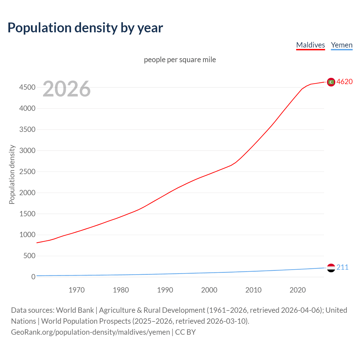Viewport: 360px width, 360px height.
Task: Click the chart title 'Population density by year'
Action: [x=85, y=28]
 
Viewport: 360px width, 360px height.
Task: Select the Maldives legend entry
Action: [x=310, y=45]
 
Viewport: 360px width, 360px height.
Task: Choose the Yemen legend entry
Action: [x=342, y=45]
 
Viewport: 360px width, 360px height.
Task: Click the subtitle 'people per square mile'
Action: [x=180, y=60]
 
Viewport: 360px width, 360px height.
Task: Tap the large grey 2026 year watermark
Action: [x=67, y=89]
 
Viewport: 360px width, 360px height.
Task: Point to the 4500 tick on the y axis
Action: [x=27, y=87]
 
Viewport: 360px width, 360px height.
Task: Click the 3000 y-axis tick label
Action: [x=27, y=150]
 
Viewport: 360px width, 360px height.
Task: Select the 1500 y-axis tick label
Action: [x=27, y=214]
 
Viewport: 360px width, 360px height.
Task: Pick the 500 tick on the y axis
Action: [x=29, y=256]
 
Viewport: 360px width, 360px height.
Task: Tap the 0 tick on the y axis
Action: [x=33, y=277]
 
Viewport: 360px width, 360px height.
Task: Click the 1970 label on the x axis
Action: [x=76, y=290]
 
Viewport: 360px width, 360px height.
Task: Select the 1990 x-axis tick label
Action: [x=165, y=290]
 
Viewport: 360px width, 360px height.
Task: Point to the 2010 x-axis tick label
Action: [x=253, y=290]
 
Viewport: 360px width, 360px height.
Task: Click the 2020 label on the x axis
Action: [x=298, y=290]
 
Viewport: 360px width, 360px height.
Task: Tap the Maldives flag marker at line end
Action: [x=331, y=82]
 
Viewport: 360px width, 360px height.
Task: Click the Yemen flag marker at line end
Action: [x=331, y=268]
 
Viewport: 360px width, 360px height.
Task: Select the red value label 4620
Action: [x=345, y=82]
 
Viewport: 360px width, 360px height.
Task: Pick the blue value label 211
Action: [x=342, y=267]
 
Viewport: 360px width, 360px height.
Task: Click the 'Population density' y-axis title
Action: [x=12, y=174]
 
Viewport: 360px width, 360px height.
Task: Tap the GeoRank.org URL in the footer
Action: [x=90, y=332]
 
